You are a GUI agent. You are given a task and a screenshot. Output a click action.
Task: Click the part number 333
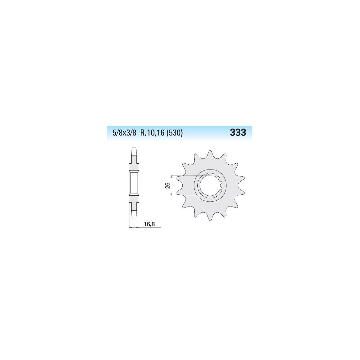point(238,133)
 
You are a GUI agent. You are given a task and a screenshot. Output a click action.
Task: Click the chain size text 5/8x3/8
point(124,133)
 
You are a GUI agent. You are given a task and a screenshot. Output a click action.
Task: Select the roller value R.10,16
point(152,133)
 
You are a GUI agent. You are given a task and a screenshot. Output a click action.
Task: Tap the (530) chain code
point(175,133)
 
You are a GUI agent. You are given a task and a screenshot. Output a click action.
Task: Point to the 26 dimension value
point(168,185)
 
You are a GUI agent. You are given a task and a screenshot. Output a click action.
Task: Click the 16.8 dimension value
point(149,224)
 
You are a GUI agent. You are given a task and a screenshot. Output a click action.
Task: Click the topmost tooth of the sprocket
point(210,153)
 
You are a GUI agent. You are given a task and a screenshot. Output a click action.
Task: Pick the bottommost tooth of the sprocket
point(210,217)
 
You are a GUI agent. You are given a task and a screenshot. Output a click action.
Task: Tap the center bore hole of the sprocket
point(210,186)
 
